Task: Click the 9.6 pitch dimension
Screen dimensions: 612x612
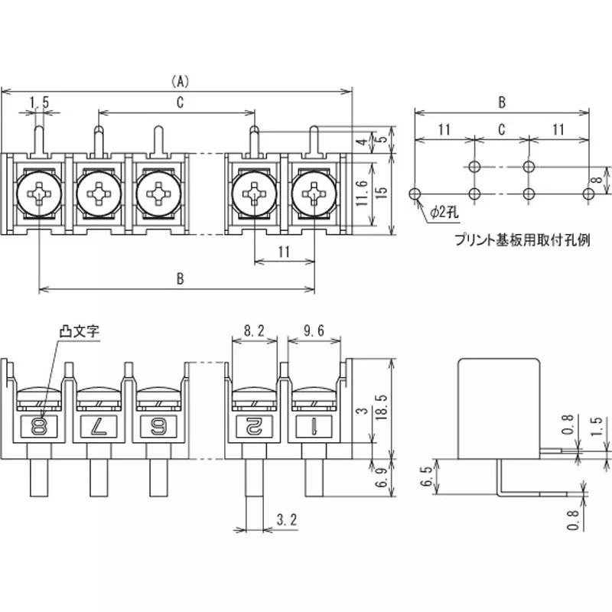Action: pyautogui.click(x=314, y=330)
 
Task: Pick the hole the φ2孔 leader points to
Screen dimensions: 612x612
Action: pyautogui.click(x=415, y=194)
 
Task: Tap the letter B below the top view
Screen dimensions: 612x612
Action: pyautogui.click(x=179, y=279)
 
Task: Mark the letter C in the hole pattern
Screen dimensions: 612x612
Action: pyautogui.click(x=501, y=130)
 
